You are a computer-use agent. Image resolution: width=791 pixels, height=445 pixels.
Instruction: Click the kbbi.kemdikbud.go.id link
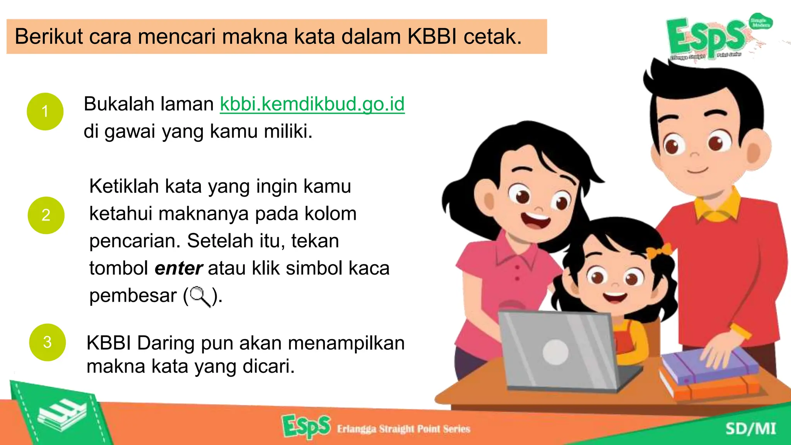click(x=312, y=104)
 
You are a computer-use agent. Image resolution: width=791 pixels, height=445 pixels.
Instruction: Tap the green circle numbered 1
click(x=45, y=111)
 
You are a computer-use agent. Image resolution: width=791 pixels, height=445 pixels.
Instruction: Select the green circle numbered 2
click(x=46, y=215)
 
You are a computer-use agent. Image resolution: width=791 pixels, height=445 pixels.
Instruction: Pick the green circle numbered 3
click(x=48, y=342)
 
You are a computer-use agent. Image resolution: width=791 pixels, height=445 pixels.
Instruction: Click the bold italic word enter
click(x=178, y=268)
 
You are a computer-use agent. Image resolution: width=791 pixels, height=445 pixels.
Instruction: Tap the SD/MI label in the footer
click(x=750, y=429)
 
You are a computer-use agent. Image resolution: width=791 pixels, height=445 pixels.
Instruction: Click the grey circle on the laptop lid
click(x=555, y=352)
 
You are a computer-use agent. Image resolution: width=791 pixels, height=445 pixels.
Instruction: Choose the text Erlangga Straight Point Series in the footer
click(x=403, y=429)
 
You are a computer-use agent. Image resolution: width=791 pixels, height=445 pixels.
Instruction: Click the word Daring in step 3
click(x=165, y=343)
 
